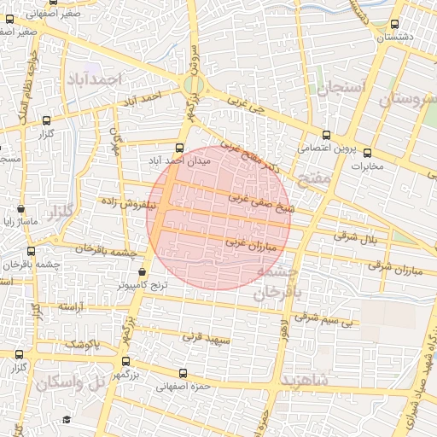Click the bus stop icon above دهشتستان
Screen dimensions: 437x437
(393, 24)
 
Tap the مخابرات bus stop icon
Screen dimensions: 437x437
(368, 153)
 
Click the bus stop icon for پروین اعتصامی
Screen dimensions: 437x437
(326, 134)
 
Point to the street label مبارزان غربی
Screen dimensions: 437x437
(252, 242)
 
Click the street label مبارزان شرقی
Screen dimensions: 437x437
(395, 266)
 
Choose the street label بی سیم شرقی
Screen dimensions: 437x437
(322, 318)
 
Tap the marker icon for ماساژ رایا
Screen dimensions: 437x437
(20, 209)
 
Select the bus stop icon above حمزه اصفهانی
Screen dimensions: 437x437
(181, 373)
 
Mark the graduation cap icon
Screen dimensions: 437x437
(67, 419)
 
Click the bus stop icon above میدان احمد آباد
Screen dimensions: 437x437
(179, 147)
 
